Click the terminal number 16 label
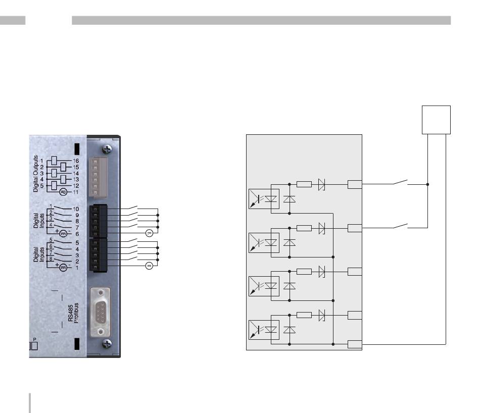pyautogui.click(x=76, y=161)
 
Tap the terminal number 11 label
pyautogui.click(x=76, y=192)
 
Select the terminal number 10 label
pyautogui.click(x=76, y=209)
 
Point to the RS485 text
pyautogui.click(x=70, y=313)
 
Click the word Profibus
pyautogui.click(x=76, y=313)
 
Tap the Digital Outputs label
pyautogui.click(x=36, y=174)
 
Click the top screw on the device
pyautogui.click(x=107, y=149)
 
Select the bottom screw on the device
pyautogui.click(x=107, y=344)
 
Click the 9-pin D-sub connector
pyautogui.click(x=100, y=312)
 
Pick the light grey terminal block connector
pyautogui.click(x=98, y=177)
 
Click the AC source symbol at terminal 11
pyautogui.click(x=63, y=192)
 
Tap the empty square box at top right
pyautogui.click(x=436, y=120)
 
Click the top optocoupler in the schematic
pyautogui.click(x=264, y=199)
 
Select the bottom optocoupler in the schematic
pyautogui.click(x=264, y=330)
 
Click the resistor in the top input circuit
pyautogui.click(x=304, y=184)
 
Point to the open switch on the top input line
pyautogui.click(x=400, y=182)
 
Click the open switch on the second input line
pyautogui.click(x=400, y=226)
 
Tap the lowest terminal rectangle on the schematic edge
pyautogui.click(x=355, y=344)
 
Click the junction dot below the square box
pyautogui.click(x=427, y=184)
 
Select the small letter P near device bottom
pyautogui.click(x=34, y=339)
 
